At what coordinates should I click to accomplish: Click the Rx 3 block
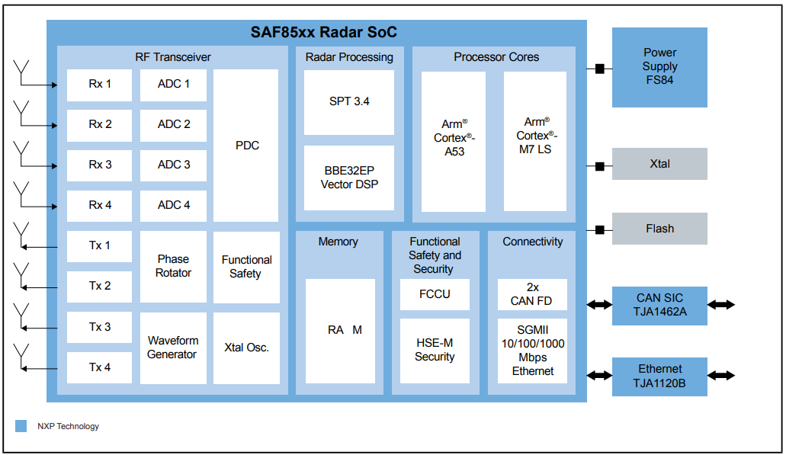point(99,165)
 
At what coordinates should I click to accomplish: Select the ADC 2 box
point(173,125)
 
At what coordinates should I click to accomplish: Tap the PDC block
point(245,146)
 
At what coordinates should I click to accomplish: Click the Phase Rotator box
point(173,266)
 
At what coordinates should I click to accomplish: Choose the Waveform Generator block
point(173,348)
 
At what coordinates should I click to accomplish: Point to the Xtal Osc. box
point(246,348)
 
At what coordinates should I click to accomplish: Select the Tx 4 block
point(99,368)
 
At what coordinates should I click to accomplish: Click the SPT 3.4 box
point(349,102)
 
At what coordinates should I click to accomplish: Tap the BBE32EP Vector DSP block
point(349,178)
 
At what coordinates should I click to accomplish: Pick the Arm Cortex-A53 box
point(454,141)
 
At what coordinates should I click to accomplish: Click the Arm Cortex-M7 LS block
point(535,141)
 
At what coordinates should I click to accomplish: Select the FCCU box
point(435,294)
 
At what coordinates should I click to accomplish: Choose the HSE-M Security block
point(435,351)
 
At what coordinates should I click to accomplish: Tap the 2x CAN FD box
point(532,294)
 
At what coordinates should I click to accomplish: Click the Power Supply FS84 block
point(659,67)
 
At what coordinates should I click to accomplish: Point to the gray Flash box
point(659,229)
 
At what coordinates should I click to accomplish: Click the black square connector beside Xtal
point(599,166)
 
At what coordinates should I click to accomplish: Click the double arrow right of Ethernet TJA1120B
point(721,375)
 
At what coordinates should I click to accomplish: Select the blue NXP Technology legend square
point(21,426)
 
